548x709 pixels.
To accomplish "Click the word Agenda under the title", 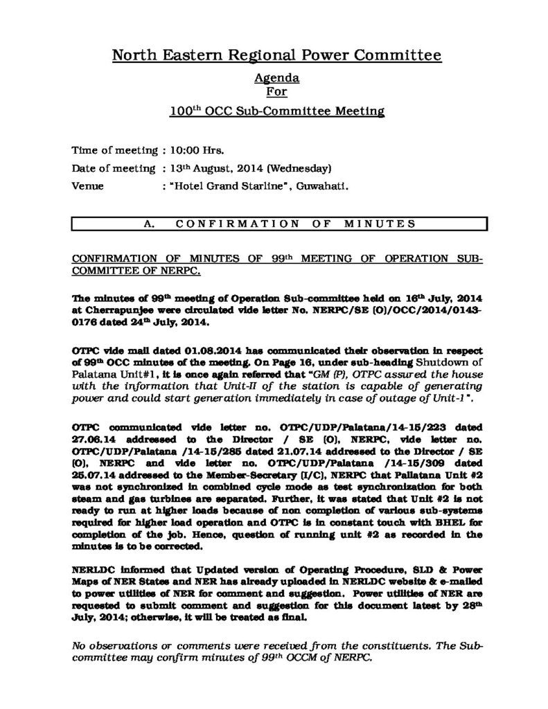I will pos(274,78).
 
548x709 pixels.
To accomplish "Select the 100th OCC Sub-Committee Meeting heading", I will pos(274,110).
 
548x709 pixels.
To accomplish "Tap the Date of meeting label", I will pos(114,168).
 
